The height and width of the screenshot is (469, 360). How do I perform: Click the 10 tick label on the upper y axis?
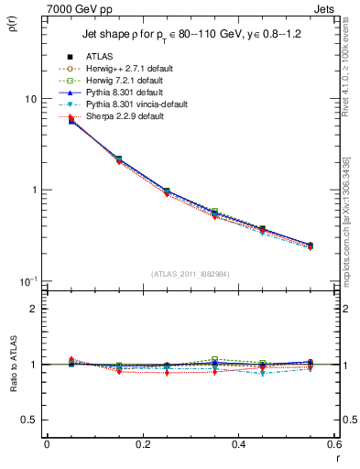pyautogui.click(x=29, y=99)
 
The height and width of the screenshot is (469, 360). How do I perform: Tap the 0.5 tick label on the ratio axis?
pyautogui.click(x=27, y=420)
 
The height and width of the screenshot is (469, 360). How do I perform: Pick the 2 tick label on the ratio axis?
pyautogui.click(x=33, y=309)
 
